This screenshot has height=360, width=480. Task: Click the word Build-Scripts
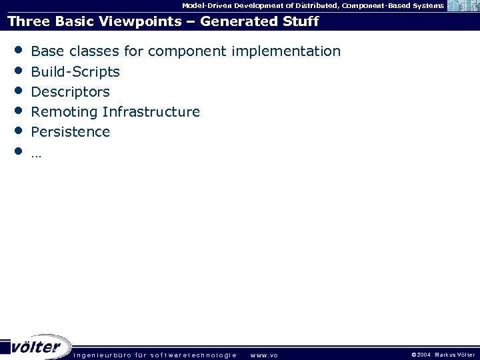75,71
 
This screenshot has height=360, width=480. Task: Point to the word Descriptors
71,91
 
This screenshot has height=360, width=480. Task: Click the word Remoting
65,111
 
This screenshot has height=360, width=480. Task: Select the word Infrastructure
151,111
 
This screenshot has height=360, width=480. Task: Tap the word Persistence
71,131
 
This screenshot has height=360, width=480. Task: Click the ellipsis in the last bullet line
36,153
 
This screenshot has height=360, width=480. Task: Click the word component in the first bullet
191,51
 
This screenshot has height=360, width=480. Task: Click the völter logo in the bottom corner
37,347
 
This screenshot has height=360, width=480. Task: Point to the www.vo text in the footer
265,355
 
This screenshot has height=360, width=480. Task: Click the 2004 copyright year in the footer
424,355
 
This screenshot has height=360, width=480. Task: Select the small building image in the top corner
463,6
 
